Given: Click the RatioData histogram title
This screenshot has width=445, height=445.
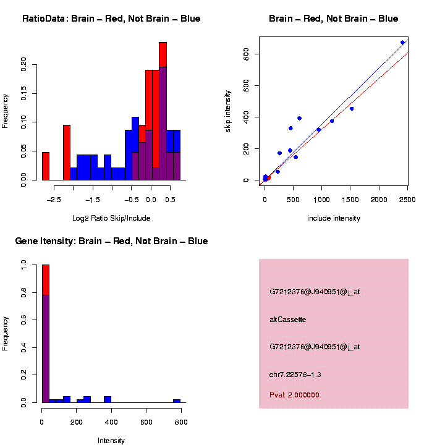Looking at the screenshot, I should tap(111, 19).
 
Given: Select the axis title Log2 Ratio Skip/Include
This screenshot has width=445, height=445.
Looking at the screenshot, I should tap(111, 218).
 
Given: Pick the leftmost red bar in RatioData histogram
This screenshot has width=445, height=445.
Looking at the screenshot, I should tap(45, 166).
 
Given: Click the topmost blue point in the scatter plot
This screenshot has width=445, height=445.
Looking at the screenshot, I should tap(402, 43).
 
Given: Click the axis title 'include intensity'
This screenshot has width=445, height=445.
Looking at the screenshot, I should tap(334, 218).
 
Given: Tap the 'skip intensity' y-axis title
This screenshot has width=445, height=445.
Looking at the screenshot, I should tap(228, 109).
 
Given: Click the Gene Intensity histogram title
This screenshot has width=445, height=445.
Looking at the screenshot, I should tap(111, 241).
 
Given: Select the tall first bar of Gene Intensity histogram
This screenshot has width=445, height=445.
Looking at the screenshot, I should tap(45, 334).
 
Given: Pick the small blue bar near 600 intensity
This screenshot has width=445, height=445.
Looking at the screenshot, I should tap(177, 400).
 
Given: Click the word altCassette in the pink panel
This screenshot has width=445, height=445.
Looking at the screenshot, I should tap(288, 320).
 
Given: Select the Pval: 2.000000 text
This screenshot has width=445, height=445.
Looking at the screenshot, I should tap(294, 395).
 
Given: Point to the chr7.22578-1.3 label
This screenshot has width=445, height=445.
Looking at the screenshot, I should tap(295, 375).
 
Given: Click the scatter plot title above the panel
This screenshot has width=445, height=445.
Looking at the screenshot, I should tap(334, 19).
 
